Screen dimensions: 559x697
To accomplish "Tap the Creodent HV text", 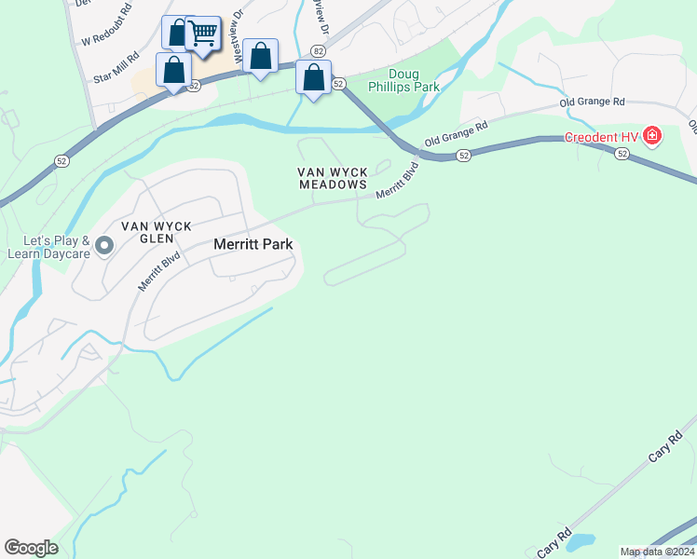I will (602, 138).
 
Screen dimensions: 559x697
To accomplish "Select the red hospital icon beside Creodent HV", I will (652, 138).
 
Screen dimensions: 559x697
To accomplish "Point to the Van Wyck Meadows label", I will (333, 178).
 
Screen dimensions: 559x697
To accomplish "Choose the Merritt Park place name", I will (253, 244).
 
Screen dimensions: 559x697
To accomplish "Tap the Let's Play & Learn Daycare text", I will (47, 246).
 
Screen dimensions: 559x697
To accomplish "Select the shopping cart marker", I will (202, 35).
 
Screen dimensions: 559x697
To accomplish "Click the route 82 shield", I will (320, 52).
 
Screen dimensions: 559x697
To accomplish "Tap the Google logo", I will (31, 547).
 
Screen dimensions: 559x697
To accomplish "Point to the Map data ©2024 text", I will (657, 552).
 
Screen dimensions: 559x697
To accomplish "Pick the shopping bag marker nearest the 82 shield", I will (314, 77).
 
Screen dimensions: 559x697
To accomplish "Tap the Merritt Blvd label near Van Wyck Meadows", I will (397, 181).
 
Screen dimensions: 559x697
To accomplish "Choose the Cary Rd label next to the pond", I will (553, 541).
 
